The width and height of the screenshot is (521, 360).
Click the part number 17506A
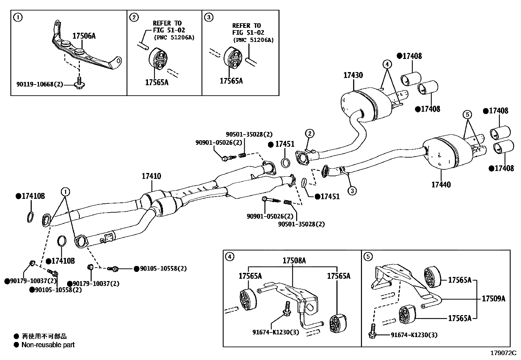click(x=84, y=36)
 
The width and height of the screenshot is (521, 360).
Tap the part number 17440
click(x=441, y=185)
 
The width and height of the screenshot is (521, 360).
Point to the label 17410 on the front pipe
click(x=151, y=176)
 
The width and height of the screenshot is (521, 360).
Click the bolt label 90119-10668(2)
click(x=40, y=85)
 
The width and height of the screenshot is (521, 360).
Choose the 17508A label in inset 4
click(x=294, y=261)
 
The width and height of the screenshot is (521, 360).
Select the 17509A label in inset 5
click(x=493, y=299)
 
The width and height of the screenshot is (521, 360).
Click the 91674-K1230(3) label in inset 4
click(x=276, y=332)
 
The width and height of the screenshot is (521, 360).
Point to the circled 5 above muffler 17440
click(x=467, y=114)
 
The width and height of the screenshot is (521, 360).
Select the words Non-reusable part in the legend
click(x=48, y=345)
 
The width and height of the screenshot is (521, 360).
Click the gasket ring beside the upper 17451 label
click(x=285, y=162)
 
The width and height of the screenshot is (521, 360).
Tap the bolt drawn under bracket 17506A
click(x=79, y=83)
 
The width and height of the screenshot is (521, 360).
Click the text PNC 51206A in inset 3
click(x=254, y=40)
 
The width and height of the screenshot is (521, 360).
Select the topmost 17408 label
click(x=412, y=56)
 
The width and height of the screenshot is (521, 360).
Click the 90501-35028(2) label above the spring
click(x=249, y=134)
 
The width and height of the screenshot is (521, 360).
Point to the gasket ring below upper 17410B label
click(x=30, y=217)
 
